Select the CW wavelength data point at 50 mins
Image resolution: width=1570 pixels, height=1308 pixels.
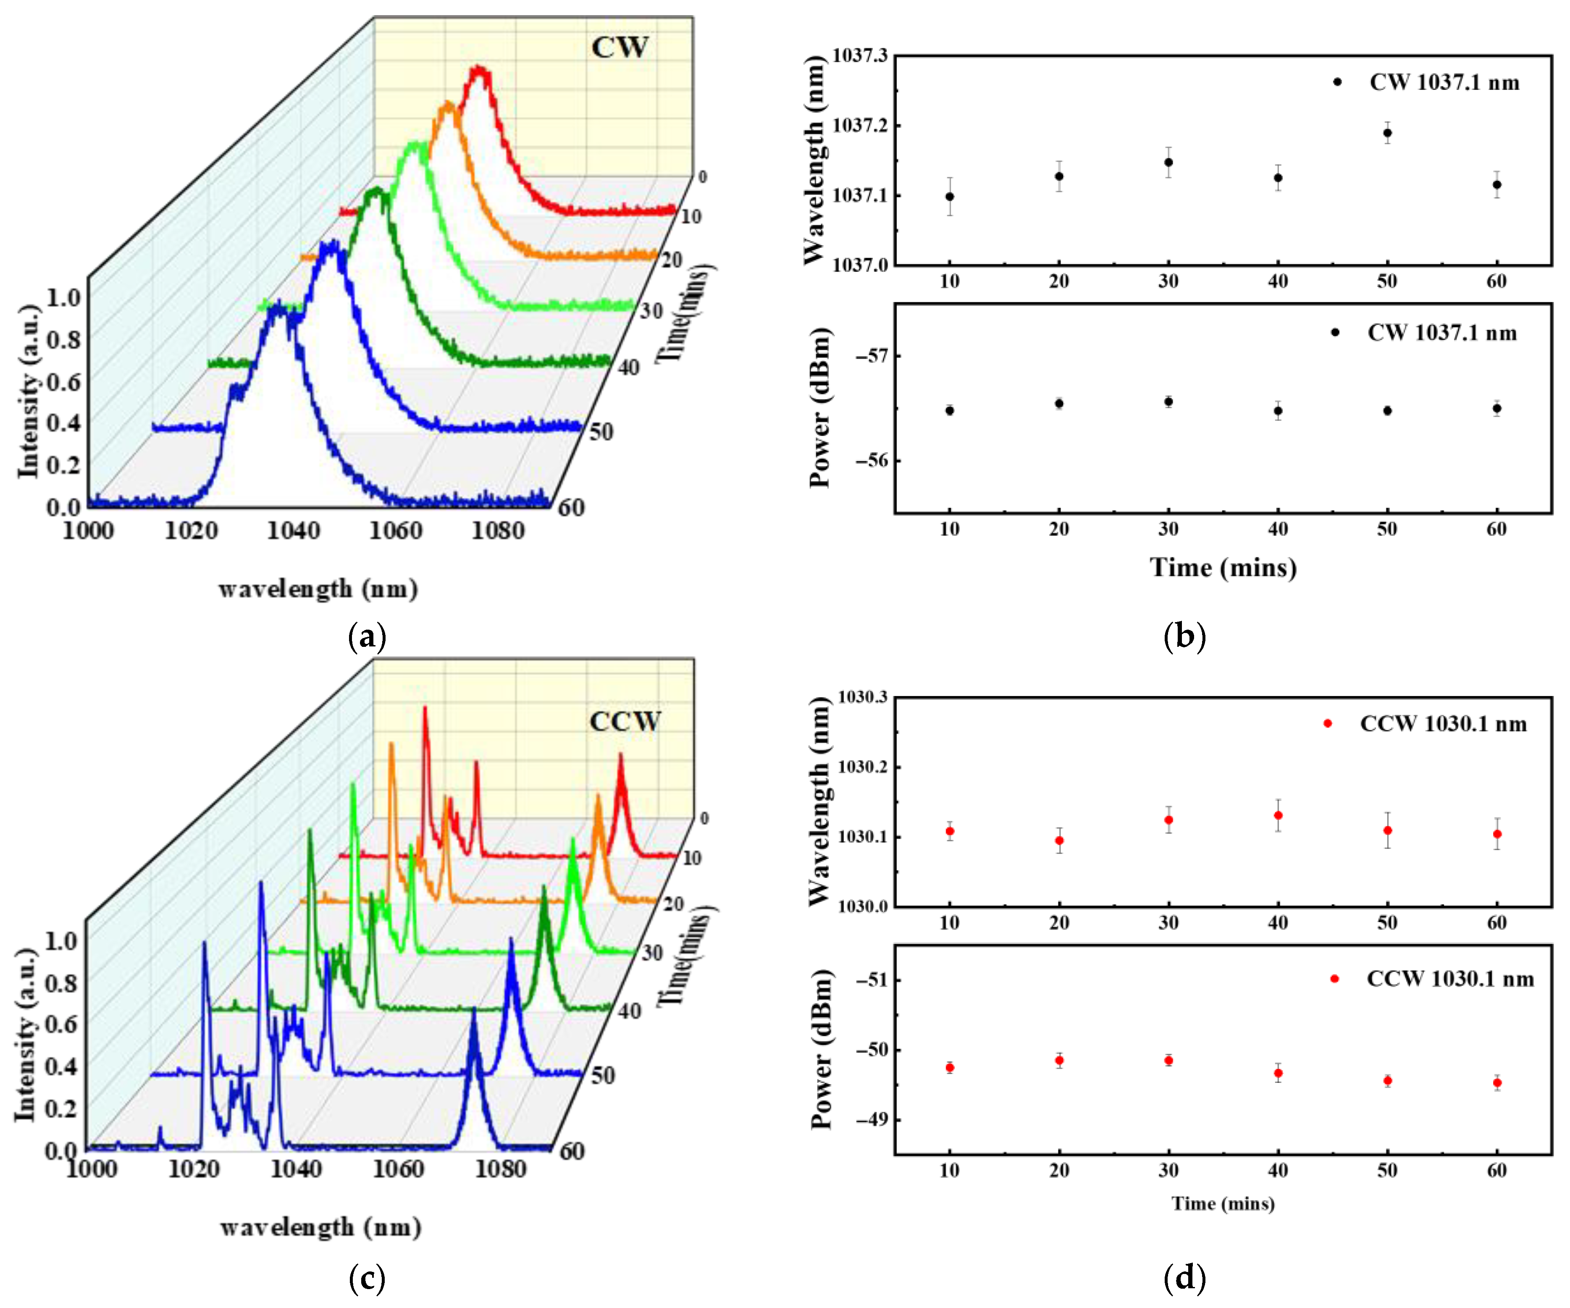[1388, 133]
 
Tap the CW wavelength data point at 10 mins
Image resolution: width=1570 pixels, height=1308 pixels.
[950, 197]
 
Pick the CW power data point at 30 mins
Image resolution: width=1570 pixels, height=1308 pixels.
[1168, 402]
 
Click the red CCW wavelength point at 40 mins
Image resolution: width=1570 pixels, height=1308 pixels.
[1279, 815]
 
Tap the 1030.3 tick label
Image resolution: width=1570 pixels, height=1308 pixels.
[861, 697]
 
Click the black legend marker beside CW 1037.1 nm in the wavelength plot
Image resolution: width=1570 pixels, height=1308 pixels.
[1337, 82]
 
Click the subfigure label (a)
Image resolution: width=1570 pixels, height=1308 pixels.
[367, 637]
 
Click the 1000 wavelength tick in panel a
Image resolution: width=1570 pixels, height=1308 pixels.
[88, 531]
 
